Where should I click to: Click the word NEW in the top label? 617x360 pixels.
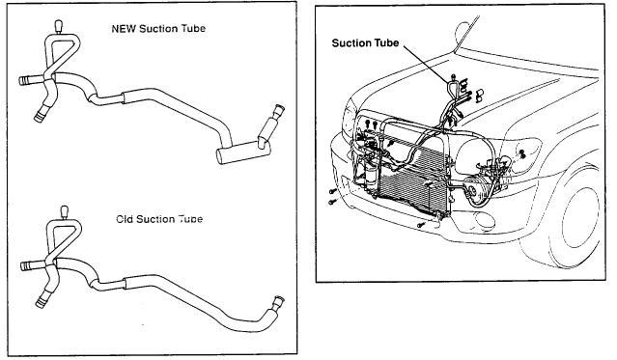click(124, 29)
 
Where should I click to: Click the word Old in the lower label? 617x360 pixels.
click(125, 219)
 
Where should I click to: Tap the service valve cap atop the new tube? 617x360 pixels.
click(59, 27)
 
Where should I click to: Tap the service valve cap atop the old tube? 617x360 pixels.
click(64, 213)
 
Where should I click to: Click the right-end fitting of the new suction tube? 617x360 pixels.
click(278, 110)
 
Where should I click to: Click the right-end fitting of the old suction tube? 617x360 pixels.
click(278, 302)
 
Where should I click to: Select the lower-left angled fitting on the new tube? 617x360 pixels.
click(40, 116)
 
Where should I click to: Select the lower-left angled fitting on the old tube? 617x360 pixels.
click(42, 301)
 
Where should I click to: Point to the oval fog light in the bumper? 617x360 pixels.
click(485, 220)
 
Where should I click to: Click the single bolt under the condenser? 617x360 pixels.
click(421, 225)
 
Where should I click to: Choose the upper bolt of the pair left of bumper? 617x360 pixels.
click(332, 191)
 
